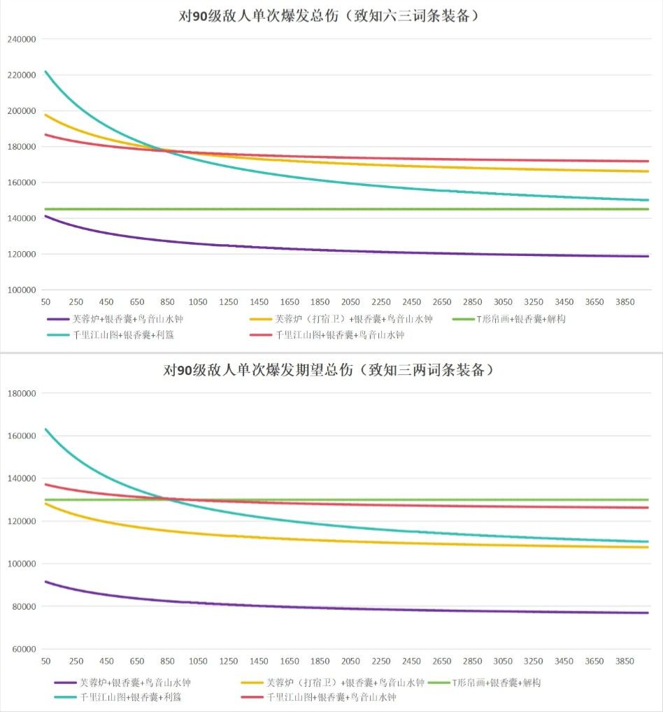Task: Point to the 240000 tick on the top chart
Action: [22, 39]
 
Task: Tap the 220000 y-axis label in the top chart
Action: [22, 75]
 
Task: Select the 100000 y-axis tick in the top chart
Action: [22, 290]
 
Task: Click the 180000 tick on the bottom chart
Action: [22, 393]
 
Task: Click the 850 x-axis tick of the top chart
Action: [168, 302]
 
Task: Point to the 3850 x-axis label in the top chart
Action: [625, 302]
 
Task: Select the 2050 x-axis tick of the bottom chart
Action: [351, 662]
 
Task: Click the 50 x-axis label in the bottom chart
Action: [47, 662]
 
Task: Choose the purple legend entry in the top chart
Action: [119, 320]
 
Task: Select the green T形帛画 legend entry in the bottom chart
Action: [496, 683]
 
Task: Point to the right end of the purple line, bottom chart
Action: [648, 613]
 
